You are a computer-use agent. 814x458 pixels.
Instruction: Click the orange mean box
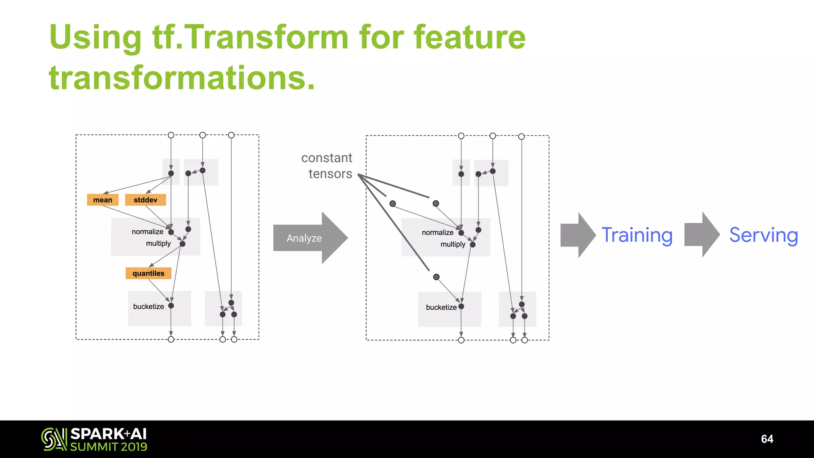pos(103,200)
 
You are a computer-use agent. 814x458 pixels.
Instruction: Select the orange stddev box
pos(145,200)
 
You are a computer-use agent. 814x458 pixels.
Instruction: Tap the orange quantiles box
pos(148,273)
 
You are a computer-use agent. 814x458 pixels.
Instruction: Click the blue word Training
pos(637,235)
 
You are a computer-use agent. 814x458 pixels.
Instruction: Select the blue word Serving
pos(763,235)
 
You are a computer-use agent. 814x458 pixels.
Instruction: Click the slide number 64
pos(767,439)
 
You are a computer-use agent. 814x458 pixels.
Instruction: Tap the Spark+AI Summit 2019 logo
pos(94,439)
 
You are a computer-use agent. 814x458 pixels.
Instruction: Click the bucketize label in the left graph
pos(148,307)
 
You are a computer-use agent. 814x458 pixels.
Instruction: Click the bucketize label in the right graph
pos(441,307)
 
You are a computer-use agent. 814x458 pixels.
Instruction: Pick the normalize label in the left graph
pos(147,231)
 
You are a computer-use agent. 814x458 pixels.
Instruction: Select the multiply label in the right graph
pos(452,244)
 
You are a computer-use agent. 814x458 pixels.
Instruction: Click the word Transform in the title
pos(266,37)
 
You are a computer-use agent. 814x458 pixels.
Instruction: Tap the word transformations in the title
pos(182,78)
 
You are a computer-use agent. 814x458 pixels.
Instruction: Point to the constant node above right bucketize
pos(436,277)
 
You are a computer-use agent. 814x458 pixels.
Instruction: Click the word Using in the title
pos(95,37)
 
